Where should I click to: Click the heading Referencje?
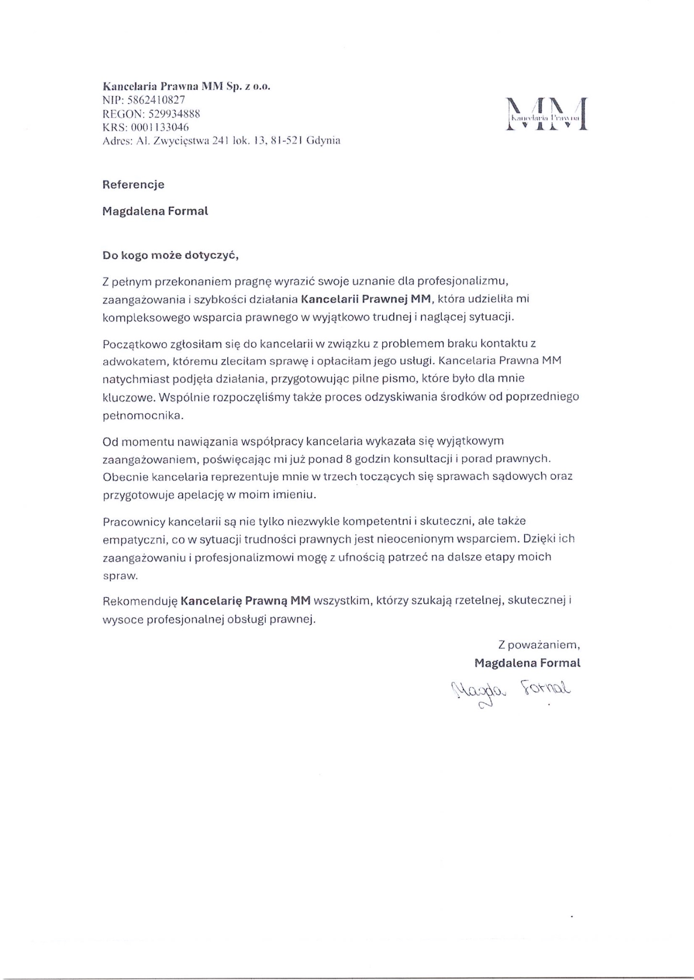tap(133, 185)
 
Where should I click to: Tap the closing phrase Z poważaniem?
tap(539, 645)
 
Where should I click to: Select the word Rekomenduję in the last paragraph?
tap(140, 600)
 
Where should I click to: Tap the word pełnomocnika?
tap(143, 416)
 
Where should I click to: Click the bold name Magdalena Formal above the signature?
tap(527, 663)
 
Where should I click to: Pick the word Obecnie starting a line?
tap(125, 477)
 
